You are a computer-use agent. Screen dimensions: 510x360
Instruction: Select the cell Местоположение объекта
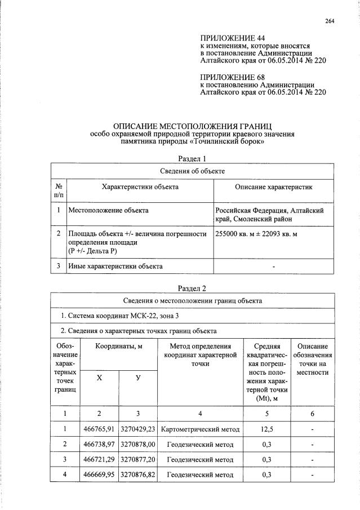[108, 210]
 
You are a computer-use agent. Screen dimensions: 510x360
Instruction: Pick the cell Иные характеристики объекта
[115, 266]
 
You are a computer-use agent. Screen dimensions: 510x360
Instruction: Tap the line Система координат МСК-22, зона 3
[108, 316]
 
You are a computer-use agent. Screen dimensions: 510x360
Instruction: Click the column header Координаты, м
[118, 345]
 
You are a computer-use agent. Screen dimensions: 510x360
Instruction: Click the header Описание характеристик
[273, 187]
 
